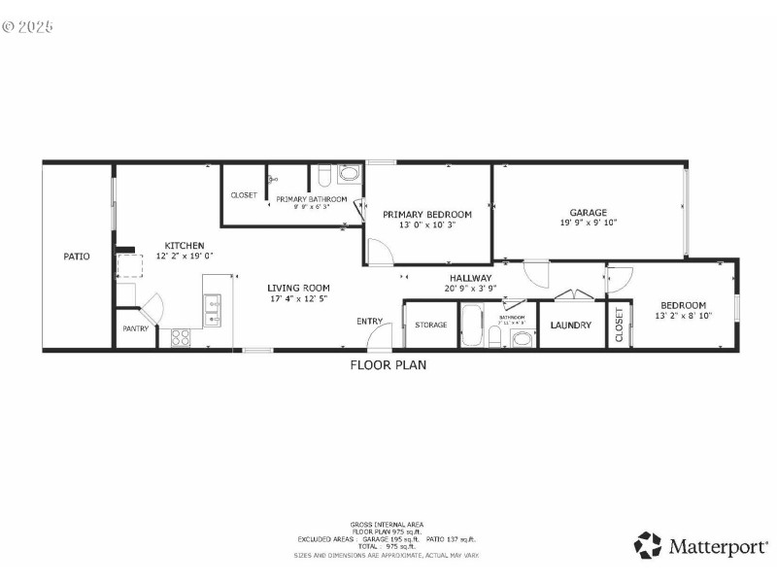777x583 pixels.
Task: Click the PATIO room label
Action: (77, 257)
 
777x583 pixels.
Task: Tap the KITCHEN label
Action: (184, 245)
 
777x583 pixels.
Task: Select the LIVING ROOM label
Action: (299, 288)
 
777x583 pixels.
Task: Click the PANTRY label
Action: (135, 328)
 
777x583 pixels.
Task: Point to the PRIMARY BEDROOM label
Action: (427, 215)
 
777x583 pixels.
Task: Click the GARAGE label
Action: (589, 212)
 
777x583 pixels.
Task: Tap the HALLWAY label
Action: (471, 277)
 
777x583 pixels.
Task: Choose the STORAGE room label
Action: (431, 325)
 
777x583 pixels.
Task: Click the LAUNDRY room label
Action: (570, 325)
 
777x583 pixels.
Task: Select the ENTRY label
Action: (369, 321)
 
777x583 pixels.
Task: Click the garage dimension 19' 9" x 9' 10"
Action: (589, 223)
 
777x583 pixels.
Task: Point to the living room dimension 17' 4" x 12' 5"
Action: (299, 298)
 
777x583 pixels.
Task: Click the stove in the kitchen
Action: (181, 338)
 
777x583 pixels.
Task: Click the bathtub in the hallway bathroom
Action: (471, 326)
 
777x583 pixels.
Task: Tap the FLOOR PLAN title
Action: (388, 365)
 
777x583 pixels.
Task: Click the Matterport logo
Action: (700, 545)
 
